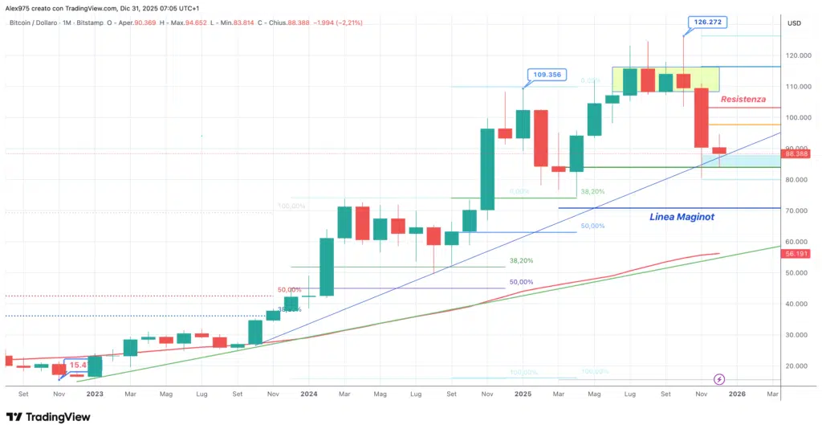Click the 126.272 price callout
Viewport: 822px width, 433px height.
tap(707, 22)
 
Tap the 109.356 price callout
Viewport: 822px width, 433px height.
tap(546, 75)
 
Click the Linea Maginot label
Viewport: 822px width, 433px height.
tap(680, 216)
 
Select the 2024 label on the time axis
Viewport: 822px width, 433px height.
tap(309, 394)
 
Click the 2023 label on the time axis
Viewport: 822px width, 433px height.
tap(95, 394)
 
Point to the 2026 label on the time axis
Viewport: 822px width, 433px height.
tap(737, 394)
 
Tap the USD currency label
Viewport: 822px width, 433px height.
tap(795, 23)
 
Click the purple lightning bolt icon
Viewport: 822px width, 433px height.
tap(719, 378)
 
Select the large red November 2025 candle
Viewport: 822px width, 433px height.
tap(701, 117)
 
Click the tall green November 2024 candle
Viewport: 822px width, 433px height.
tap(487, 169)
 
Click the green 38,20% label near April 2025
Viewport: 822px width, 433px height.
tap(592, 192)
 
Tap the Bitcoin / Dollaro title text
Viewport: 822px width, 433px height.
tap(41, 22)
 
